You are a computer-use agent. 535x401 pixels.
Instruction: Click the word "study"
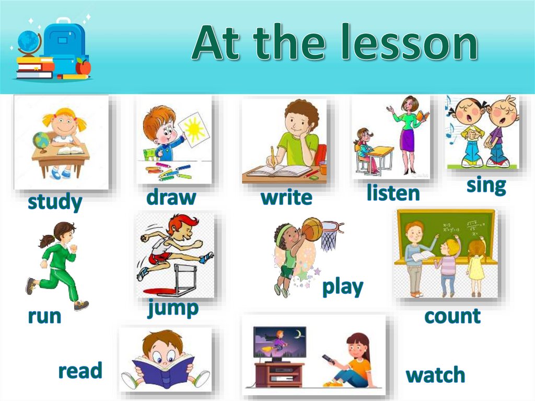point(55,202)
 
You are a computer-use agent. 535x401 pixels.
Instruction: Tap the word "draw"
point(171,198)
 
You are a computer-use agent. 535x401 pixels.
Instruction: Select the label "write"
point(286,198)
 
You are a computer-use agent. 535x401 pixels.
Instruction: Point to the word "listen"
point(393,193)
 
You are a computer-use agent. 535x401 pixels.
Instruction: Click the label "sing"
point(486,185)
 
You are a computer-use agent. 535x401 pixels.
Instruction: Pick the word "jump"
point(173,308)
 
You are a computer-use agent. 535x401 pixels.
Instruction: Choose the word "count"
point(452,316)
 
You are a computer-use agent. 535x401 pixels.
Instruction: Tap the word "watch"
point(435,374)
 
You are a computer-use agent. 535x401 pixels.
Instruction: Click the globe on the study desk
point(41,141)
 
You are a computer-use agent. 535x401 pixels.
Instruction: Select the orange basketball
point(312,229)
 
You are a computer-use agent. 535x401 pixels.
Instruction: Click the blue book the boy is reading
point(162,369)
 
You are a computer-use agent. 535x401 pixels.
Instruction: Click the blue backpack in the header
point(64,44)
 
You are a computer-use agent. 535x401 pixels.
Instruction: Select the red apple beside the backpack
point(83,66)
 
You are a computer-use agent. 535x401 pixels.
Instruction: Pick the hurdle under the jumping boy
point(181,280)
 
